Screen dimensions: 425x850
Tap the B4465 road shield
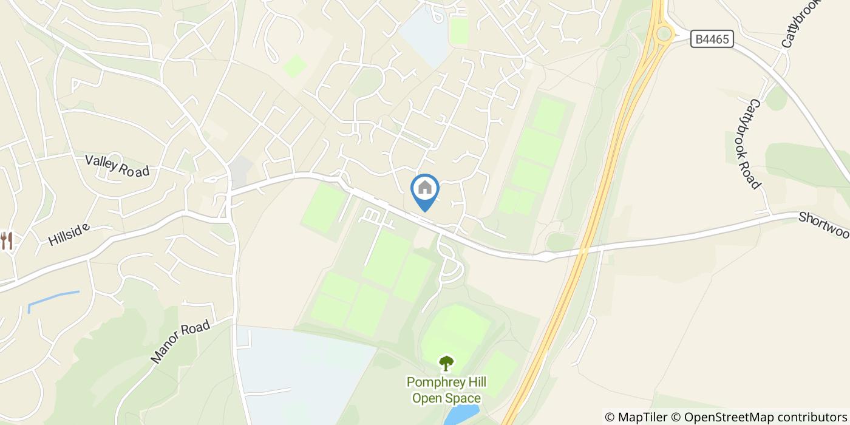coord(712,39)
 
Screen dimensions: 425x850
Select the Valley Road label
coord(117,166)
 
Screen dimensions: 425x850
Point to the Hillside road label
coord(69,234)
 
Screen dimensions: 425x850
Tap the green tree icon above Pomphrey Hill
coord(446,363)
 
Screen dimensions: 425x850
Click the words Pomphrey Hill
coord(446,382)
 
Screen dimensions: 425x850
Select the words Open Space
coord(446,398)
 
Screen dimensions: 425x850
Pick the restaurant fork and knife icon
coord(7,240)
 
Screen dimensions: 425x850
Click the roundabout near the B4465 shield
coord(664,33)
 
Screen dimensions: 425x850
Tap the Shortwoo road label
coord(823,225)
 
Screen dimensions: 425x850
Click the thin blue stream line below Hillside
coord(53,298)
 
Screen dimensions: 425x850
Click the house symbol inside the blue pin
coord(425,188)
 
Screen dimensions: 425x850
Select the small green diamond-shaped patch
coord(295,66)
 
